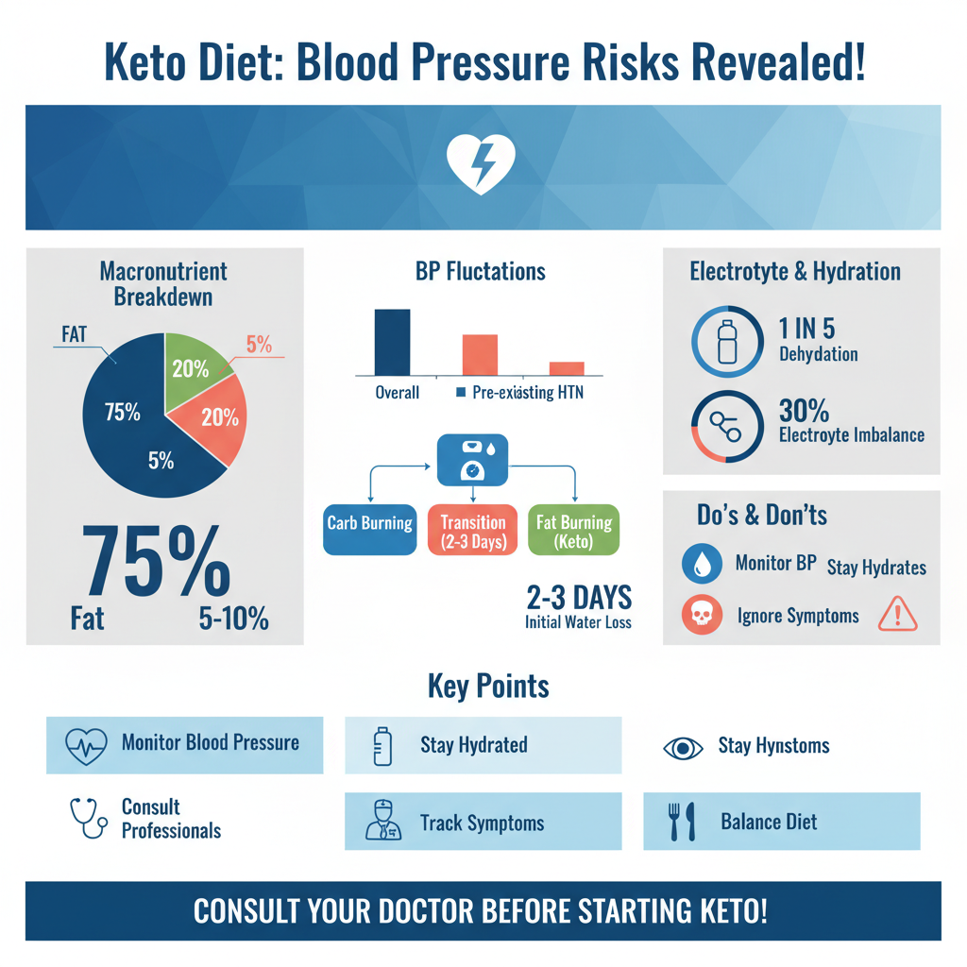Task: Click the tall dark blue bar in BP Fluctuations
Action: tap(393, 342)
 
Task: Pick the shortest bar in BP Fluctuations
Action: tap(567, 368)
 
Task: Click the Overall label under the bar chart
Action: tap(397, 392)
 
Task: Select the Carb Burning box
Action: tap(369, 522)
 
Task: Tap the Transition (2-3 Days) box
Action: tap(472, 531)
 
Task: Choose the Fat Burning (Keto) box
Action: tap(573, 531)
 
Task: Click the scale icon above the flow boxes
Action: tap(472, 458)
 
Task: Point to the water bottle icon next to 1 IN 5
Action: tap(726, 340)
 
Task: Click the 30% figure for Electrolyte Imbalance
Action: tap(805, 412)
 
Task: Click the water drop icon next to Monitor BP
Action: tap(703, 565)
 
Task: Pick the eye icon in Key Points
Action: tap(684, 747)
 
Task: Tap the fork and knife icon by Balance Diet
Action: tap(681, 822)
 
